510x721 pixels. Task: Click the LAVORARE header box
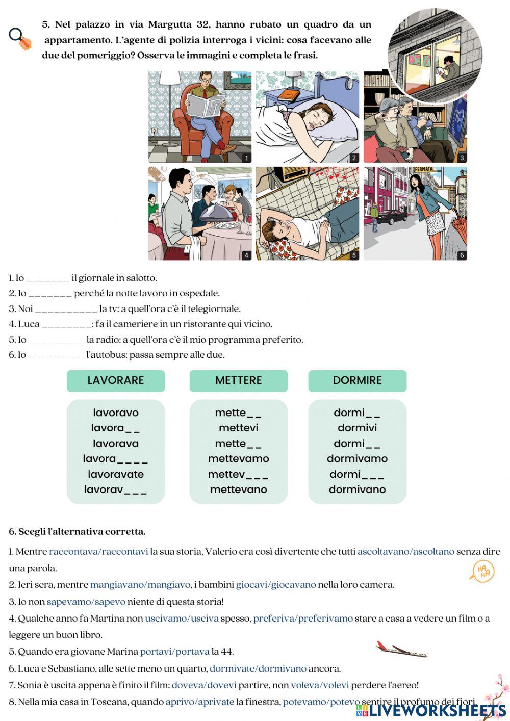click(x=116, y=380)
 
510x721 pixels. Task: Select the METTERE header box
click(x=238, y=380)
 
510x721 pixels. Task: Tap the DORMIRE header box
click(x=357, y=380)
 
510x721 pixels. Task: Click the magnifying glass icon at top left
click(x=19, y=38)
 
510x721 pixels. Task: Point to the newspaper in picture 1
click(x=206, y=105)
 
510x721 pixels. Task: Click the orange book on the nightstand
click(x=289, y=94)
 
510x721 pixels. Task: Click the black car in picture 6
click(x=392, y=216)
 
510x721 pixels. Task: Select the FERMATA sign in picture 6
click(x=424, y=169)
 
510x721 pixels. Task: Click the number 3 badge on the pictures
click(x=462, y=158)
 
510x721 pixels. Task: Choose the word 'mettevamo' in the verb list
click(x=238, y=458)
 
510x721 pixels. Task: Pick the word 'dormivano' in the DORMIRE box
click(x=357, y=490)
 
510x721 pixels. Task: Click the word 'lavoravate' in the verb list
click(x=116, y=474)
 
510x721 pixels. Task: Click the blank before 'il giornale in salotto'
click(x=47, y=279)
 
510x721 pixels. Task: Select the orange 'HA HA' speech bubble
click(x=482, y=572)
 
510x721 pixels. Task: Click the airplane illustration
click(x=401, y=649)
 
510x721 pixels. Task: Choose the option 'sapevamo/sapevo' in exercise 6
click(x=86, y=602)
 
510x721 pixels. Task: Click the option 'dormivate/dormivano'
click(x=258, y=668)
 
